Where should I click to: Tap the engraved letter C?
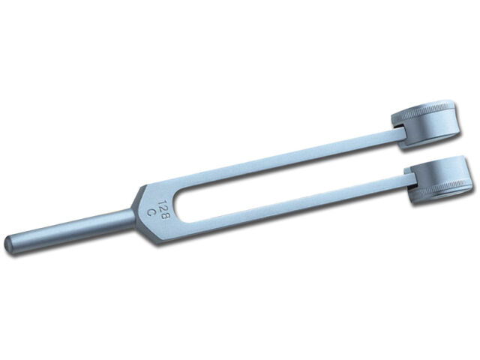(x=151, y=212)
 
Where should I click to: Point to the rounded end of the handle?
(x=10, y=244)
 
